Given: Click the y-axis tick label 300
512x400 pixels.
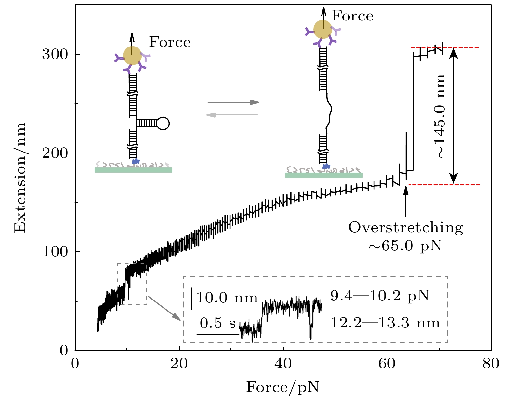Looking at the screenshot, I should pyautogui.click(x=55, y=54).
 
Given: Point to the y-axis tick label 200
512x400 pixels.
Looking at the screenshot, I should pyautogui.click(x=55, y=153).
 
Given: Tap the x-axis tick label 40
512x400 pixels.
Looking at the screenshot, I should pyautogui.click(x=283, y=363).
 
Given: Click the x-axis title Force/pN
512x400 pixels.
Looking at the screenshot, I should pyautogui.click(x=282, y=387).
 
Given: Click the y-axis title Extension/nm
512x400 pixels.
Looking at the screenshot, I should pyautogui.click(x=20, y=178).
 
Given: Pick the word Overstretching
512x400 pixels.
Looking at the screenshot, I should pyautogui.click(x=406, y=228).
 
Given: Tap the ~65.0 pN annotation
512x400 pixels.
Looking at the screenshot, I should pyautogui.click(x=405, y=246).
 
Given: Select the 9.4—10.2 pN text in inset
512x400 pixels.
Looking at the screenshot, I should pyautogui.click(x=380, y=296).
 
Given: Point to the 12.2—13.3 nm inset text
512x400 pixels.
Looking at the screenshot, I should pyautogui.click(x=385, y=323).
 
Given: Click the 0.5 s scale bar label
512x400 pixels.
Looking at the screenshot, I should pyautogui.click(x=217, y=323).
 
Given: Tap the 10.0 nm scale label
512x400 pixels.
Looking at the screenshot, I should pyautogui.click(x=227, y=298).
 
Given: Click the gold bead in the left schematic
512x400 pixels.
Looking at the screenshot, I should pyautogui.click(x=132, y=56).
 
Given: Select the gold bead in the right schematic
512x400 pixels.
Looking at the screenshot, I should pyautogui.click(x=323, y=29).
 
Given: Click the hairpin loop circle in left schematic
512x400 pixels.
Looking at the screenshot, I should pyautogui.click(x=163, y=123).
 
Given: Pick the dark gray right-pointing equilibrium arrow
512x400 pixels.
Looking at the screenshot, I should pyautogui.click(x=233, y=102).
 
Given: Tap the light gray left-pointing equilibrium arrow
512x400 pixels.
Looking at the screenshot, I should pyautogui.click(x=232, y=115).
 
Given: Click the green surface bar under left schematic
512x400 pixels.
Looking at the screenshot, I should pyautogui.click(x=133, y=170).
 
